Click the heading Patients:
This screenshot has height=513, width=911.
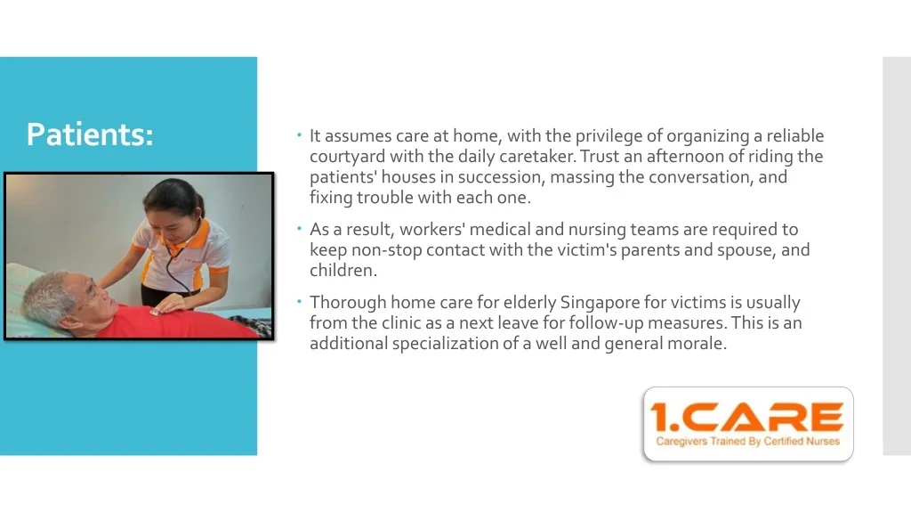(x=90, y=134)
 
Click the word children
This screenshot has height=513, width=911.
(x=343, y=271)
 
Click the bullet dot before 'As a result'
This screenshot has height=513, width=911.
(x=299, y=229)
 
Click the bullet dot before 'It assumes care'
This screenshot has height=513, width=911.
(x=299, y=135)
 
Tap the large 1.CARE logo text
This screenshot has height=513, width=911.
(x=747, y=417)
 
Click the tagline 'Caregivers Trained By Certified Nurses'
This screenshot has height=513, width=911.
(x=747, y=442)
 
